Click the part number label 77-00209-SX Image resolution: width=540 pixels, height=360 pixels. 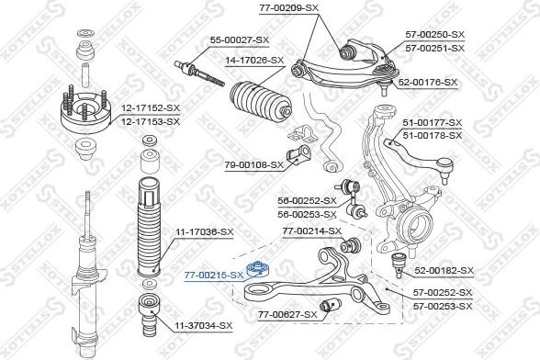pos(289,7)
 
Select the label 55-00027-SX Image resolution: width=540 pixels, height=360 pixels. pos(240,40)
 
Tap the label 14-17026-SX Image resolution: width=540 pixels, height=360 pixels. pos(254,61)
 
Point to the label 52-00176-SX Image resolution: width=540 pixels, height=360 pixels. pos(428,83)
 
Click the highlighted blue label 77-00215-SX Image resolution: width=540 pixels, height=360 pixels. pos(214,275)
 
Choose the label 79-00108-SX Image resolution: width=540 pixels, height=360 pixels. pos(254,165)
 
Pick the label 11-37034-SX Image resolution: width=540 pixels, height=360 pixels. pos(204,325)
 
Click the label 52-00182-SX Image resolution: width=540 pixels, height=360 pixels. pos(444,271)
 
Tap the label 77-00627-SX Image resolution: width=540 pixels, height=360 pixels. pos(287,314)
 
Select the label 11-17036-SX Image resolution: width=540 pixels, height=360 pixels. pos(205,232)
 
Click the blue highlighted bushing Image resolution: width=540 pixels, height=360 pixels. pos(258,269)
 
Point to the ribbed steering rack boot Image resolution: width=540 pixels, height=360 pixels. pos(261,102)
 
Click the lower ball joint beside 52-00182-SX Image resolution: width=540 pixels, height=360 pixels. pos(399,264)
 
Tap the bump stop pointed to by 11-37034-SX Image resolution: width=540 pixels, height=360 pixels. pos(149,316)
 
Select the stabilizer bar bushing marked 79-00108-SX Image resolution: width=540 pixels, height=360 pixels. pos(298,154)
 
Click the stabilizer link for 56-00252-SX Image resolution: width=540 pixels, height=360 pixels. pos(352,199)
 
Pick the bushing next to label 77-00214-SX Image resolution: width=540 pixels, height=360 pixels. pos(351,244)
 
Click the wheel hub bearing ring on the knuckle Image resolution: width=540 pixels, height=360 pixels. pos(419,221)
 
